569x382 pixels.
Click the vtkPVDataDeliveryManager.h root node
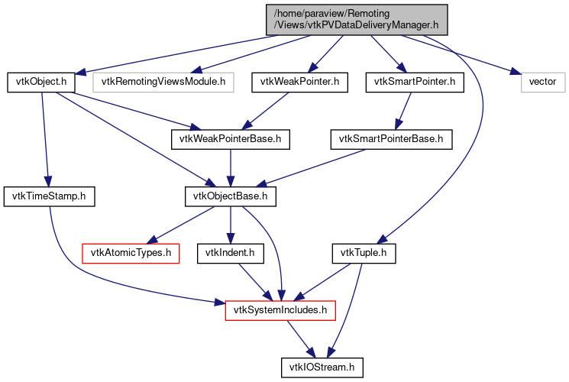click(x=356, y=19)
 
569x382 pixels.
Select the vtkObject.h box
click(x=40, y=81)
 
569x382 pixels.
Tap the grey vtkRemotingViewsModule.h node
click(x=163, y=81)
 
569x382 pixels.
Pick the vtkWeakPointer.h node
click(x=294, y=81)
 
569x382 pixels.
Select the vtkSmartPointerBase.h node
click(x=391, y=139)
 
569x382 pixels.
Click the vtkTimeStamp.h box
click(x=49, y=196)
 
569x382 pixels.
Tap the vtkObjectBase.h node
click(x=231, y=196)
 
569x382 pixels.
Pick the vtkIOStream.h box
click(x=320, y=367)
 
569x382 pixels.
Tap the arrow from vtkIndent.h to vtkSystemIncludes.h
click(x=252, y=280)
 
